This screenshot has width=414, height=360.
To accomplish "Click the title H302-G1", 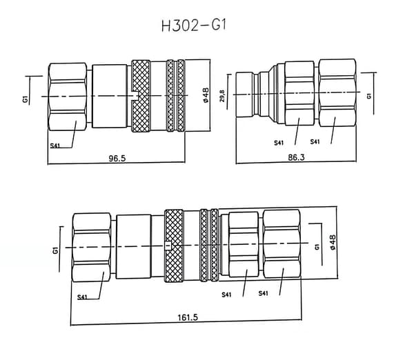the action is pos(194,26).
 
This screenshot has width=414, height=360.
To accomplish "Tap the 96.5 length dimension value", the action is pos(117,159).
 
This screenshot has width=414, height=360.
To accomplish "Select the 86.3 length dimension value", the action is pos(296,157).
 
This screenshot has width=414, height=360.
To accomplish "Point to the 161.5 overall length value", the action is pos(188,317).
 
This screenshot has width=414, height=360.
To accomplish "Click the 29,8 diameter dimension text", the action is pos(222,96).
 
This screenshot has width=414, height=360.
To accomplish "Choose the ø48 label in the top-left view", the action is pos(206,95).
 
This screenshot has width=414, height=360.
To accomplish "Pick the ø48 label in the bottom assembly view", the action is pos(333,242).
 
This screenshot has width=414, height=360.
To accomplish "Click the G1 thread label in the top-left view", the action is pos(26,99).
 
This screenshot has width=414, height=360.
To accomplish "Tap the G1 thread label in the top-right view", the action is pos(369,96).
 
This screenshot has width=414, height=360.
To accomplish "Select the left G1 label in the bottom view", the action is pos(55,250).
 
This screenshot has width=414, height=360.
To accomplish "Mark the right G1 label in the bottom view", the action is pos(317,247).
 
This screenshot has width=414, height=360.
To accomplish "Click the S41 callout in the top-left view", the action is pos(55,146).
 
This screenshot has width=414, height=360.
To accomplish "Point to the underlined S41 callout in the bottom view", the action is pos(82,297).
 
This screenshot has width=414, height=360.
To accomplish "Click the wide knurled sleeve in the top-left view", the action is pos(141,96).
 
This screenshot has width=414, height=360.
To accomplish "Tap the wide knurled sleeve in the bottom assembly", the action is pos(174,246).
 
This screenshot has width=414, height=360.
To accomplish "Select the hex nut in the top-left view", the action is pos(68,97).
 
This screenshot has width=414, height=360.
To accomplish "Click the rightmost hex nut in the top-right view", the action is pos(337,92).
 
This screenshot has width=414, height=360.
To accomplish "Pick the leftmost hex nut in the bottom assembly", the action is pos(91,248).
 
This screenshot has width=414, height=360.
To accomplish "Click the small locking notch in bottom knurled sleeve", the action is pos(168,246).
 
